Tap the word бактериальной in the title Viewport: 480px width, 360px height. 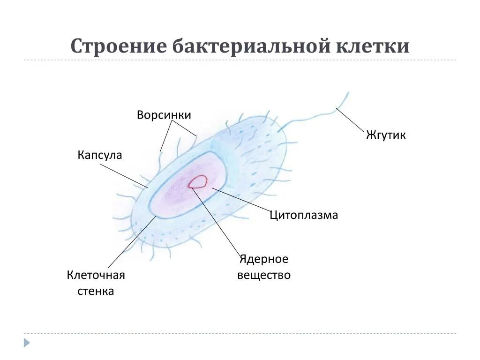[251, 47]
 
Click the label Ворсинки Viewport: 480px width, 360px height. [164, 115]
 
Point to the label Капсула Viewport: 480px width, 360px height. [100, 155]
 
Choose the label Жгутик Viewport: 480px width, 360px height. [386, 135]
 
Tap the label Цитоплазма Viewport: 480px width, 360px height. [304, 215]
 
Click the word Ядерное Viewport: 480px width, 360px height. [264, 259]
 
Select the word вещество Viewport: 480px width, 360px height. [264, 275]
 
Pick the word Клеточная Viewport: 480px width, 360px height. [96, 275]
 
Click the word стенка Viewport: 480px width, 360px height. [96, 291]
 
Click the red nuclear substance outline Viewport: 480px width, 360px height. [198, 181]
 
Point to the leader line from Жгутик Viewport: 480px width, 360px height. [350, 120]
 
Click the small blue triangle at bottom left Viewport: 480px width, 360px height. [27, 343]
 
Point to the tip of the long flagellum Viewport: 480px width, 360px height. [348, 92]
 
